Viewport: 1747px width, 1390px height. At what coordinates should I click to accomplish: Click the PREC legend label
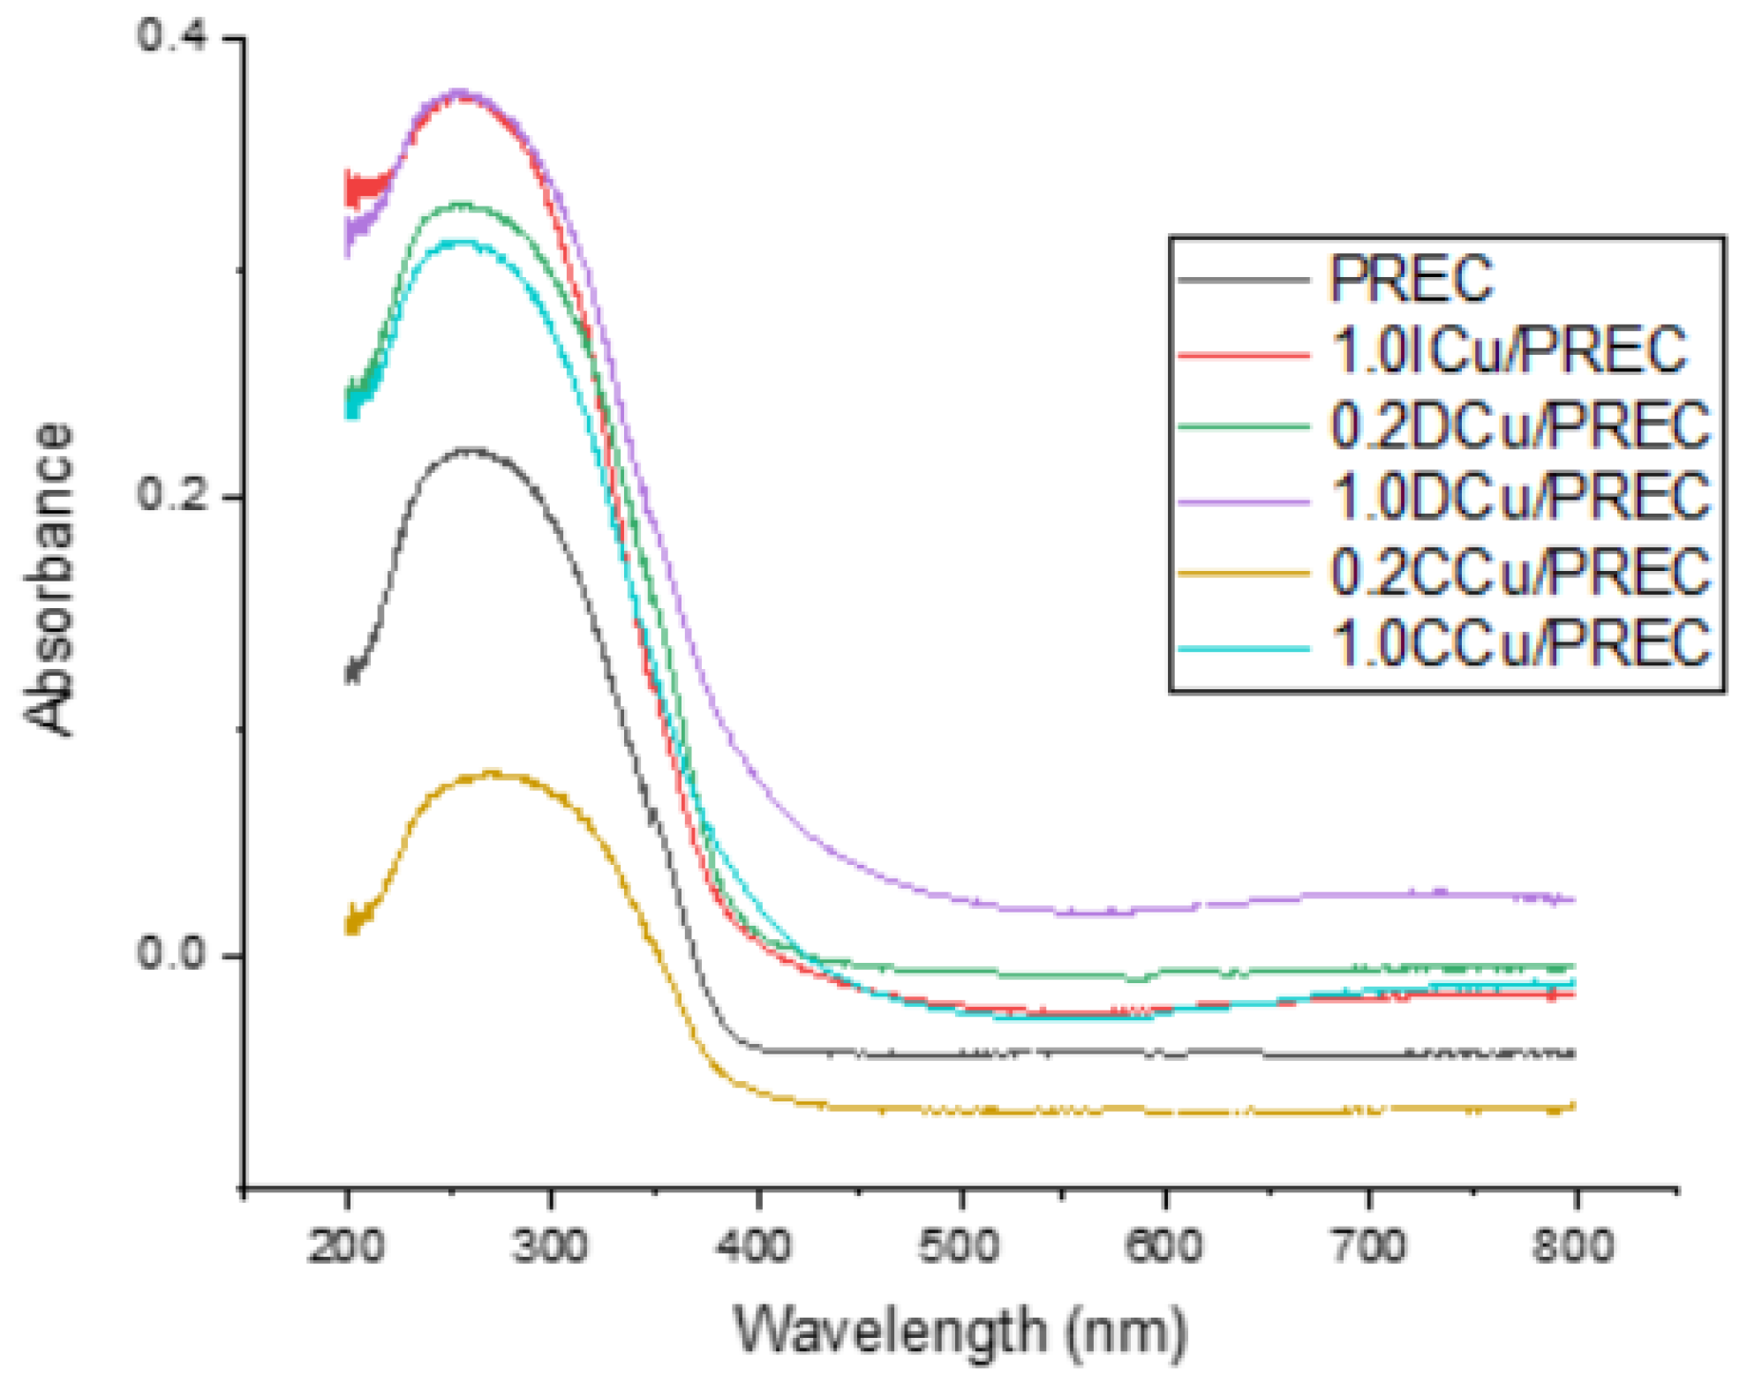tap(1411, 279)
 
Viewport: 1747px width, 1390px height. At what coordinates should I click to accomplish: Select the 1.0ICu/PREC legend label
tap(1509, 350)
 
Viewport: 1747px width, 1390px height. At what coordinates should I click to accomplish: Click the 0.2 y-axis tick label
tap(171, 494)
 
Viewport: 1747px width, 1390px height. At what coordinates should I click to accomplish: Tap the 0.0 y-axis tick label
tap(171, 953)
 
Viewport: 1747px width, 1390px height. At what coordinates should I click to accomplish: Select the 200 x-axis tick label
tap(346, 1247)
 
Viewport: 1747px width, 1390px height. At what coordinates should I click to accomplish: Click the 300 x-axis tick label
tap(550, 1247)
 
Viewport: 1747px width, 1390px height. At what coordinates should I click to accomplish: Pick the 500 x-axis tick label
tap(960, 1247)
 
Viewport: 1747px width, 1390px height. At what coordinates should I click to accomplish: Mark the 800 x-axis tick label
tap(1573, 1247)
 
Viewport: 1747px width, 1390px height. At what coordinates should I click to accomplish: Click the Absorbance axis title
tap(49, 578)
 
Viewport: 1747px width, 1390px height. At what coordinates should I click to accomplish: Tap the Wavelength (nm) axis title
tap(960, 1330)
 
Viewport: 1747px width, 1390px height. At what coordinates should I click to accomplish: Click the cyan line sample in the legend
tap(1243, 649)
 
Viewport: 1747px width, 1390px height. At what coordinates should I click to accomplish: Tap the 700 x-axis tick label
tap(1368, 1247)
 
